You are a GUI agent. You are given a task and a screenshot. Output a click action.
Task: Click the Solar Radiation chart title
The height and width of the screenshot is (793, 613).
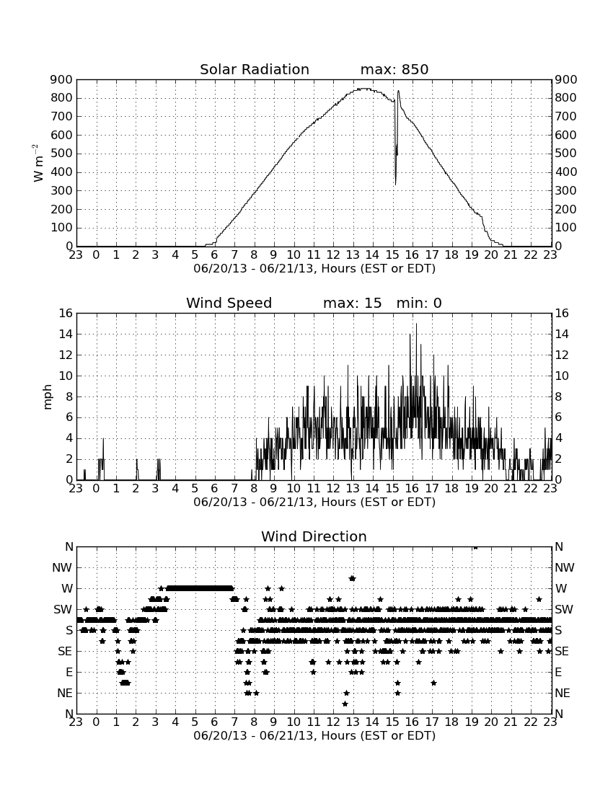pos(255,69)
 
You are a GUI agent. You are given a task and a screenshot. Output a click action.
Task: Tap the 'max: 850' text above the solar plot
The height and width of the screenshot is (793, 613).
pos(394,69)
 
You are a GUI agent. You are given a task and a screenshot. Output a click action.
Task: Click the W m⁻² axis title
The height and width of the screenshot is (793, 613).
pos(38,163)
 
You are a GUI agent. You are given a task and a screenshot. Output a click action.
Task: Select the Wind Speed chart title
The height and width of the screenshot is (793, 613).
pos(229,303)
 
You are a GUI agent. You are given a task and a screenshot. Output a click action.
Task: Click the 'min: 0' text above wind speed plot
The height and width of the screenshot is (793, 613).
pos(419,303)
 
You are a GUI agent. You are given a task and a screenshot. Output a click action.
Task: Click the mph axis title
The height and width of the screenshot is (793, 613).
pos(48,397)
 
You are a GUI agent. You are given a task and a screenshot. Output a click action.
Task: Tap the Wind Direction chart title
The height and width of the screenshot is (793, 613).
pos(314,536)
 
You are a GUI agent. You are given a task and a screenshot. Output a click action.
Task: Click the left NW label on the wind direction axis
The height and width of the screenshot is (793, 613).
pos(62,568)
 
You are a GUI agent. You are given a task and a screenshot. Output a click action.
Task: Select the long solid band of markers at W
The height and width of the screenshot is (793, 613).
pos(200,588)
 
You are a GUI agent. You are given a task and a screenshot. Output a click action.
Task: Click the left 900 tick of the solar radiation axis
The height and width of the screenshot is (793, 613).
pos(62,79)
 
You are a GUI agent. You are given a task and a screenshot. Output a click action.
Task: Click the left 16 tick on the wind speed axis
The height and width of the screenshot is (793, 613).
pos(66,313)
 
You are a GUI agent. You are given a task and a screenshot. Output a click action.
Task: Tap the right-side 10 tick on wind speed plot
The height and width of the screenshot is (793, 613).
pos(562,376)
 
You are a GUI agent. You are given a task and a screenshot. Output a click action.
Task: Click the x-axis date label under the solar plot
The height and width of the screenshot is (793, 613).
pos(314,269)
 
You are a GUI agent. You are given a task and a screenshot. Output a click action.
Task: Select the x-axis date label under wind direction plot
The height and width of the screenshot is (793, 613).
pos(314,736)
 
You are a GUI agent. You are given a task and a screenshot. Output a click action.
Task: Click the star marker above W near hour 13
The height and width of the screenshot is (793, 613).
pos(352,578)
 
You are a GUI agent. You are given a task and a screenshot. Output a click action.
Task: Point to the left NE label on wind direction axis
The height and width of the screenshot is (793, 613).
pos(65,694)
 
